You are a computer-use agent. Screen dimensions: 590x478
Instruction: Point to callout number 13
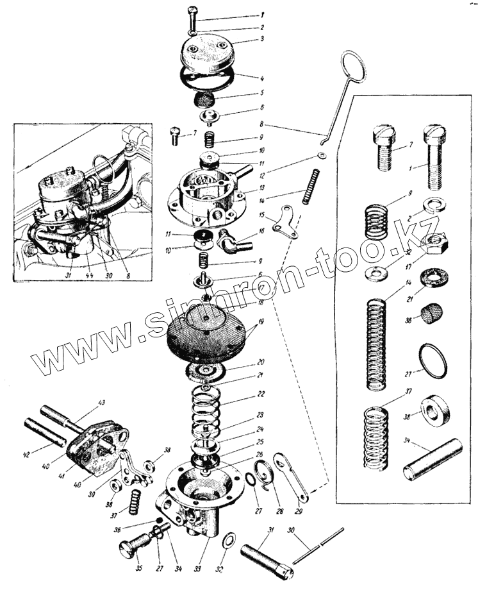[261, 187]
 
